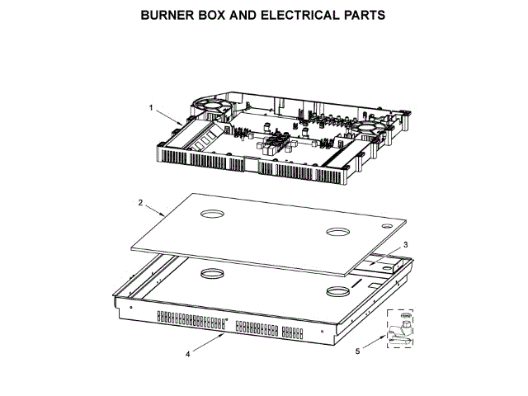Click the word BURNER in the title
(168, 15)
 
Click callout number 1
(151, 107)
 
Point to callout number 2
(140, 202)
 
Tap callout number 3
(405, 245)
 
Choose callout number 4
(188, 354)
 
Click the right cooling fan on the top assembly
(366, 129)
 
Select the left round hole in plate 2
(213, 214)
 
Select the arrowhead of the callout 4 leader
(224, 334)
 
